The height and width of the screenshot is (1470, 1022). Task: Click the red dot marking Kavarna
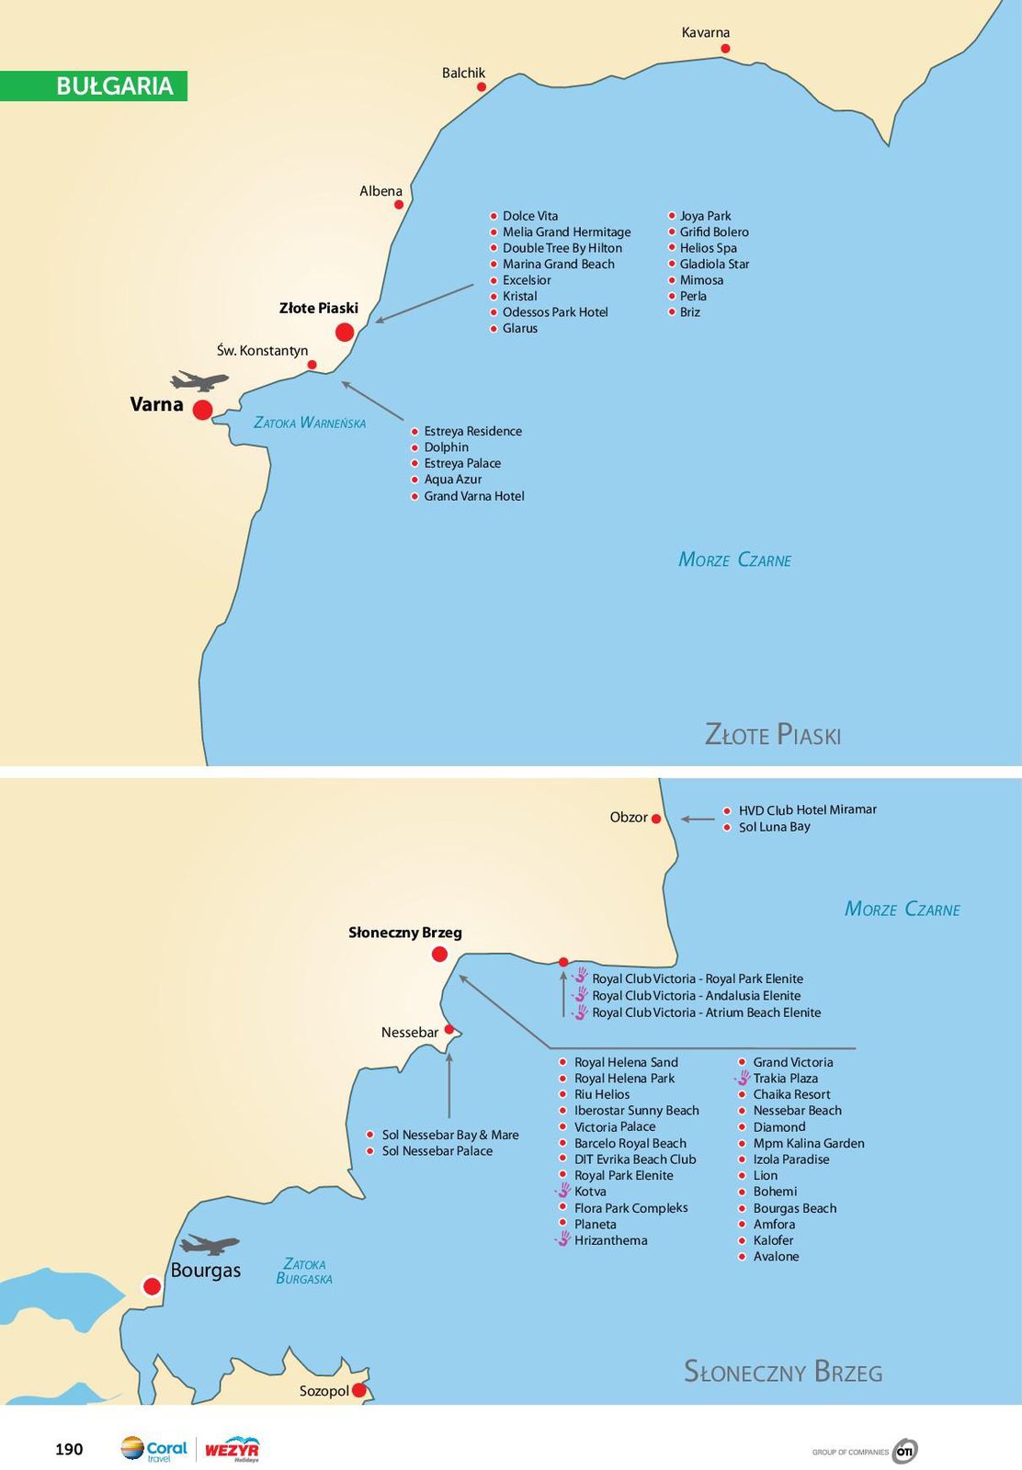[725, 48]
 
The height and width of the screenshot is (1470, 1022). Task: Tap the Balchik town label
[463, 73]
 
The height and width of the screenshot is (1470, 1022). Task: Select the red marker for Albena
[399, 204]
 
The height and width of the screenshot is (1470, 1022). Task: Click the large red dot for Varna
[202, 410]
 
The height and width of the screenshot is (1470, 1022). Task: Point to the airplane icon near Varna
[199, 380]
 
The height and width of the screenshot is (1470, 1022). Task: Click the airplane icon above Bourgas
[210, 1245]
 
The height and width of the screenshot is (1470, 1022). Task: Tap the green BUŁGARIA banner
[94, 85]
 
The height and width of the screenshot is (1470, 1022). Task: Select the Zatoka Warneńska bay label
[310, 423]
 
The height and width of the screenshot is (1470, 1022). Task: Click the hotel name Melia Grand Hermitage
[566, 232]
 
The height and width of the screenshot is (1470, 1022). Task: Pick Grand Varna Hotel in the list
[473, 496]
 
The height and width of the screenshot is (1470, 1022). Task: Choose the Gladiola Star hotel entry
[714, 265]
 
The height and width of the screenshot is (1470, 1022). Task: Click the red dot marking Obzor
[656, 819]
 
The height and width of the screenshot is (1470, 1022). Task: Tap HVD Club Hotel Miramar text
[807, 810]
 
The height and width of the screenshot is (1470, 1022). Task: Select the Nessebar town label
[410, 1033]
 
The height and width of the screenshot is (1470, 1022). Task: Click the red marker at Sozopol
[359, 1391]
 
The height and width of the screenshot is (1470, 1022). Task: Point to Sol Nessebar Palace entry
[437, 1151]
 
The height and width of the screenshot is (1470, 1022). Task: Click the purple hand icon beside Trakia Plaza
[743, 1079]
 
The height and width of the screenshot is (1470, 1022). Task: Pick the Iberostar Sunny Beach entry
[636, 1111]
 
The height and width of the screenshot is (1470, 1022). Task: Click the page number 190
[69, 1449]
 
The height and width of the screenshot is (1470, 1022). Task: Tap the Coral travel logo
[153, 1450]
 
